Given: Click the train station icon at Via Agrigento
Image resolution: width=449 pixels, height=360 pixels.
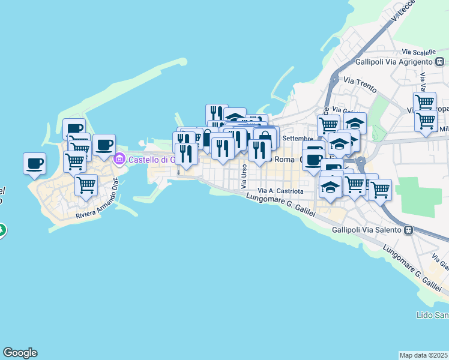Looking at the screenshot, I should point(440,61).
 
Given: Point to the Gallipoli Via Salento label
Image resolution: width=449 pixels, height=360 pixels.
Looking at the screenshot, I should point(368,229).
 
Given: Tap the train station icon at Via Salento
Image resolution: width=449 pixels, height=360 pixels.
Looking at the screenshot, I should point(409,229).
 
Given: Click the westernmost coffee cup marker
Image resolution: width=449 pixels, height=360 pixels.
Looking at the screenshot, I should point(34,163).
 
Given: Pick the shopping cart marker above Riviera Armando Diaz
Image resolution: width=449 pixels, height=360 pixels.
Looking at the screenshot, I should point(86,185).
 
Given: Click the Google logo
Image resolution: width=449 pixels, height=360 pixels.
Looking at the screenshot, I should point(20,353).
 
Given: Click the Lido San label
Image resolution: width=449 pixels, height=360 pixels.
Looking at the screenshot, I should point(432,315).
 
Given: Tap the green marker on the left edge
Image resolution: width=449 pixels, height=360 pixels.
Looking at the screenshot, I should point(2,230).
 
